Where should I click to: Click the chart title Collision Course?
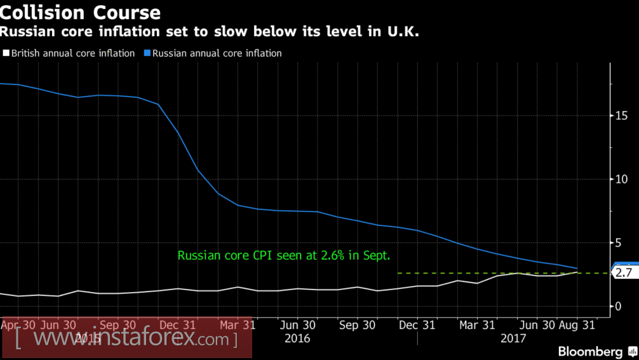pos(81,12)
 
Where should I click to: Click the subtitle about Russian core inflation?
pos(210,30)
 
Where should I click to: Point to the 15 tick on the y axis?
pos(622,116)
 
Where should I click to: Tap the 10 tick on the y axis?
pos(622,179)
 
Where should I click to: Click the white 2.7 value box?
pos(623,273)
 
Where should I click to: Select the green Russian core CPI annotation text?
pos(284,256)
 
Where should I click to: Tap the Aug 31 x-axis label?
pos(577,325)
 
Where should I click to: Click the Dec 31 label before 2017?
pos(417,325)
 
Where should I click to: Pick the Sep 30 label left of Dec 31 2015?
pos(119,325)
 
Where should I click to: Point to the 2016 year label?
pos(297,338)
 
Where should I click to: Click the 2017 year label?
pos(513,338)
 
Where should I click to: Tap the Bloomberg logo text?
pos(590,351)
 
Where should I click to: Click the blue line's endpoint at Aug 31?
pos(577,269)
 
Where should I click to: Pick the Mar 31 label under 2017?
pos(477,325)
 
